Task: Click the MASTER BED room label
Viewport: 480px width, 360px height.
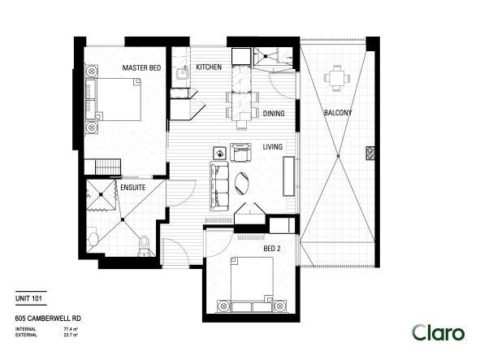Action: coord(140,68)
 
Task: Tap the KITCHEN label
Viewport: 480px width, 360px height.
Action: coord(210,68)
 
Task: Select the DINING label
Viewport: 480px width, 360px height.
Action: coord(274,114)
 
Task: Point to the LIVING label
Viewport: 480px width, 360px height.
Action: coord(272,147)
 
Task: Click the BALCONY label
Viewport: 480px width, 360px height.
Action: coord(337,113)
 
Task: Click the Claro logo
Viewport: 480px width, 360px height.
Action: coord(438,332)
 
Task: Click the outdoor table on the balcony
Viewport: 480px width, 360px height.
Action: coord(336,79)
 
